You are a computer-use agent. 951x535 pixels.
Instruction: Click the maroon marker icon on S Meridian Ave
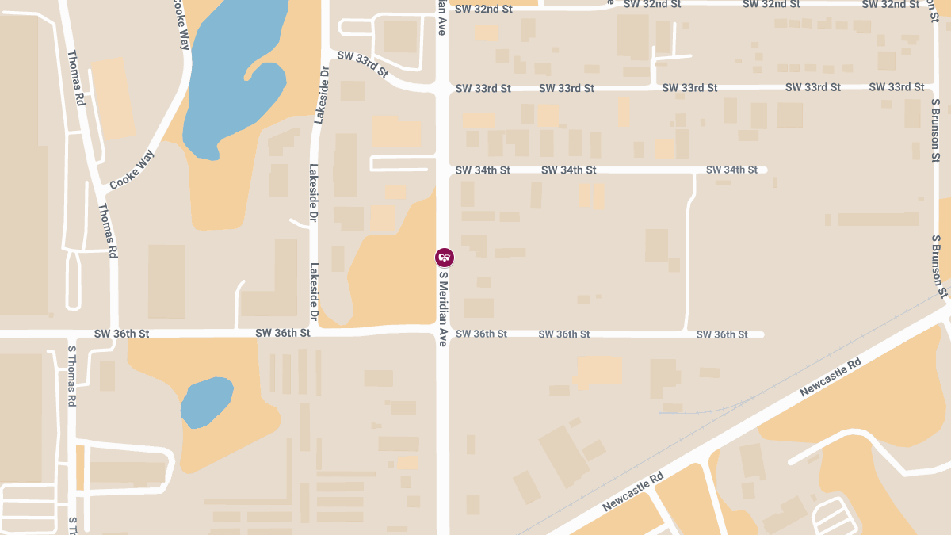click(x=445, y=257)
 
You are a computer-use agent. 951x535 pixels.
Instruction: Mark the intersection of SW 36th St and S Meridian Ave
click(x=443, y=333)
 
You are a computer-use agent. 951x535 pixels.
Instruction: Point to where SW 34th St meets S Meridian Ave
click(x=443, y=170)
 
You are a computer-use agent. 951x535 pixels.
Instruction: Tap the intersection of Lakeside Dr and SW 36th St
click(x=315, y=333)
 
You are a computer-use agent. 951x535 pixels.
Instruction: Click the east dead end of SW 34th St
click(x=765, y=170)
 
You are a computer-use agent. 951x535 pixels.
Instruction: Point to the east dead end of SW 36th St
click(x=762, y=334)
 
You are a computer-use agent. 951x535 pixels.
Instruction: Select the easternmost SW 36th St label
click(x=722, y=335)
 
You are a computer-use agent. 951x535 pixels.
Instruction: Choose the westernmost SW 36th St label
click(x=121, y=334)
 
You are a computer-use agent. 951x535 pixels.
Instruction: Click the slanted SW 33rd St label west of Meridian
click(x=362, y=64)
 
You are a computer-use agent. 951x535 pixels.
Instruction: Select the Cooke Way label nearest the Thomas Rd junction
click(x=131, y=170)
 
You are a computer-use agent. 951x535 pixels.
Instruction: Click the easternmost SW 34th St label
click(x=731, y=170)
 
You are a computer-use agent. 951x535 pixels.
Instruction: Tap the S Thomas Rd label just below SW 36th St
click(x=71, y=376)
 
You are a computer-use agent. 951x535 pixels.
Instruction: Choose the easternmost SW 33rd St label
click(x=896, y=87)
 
